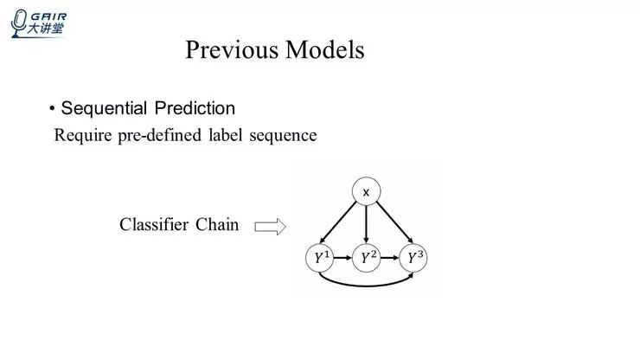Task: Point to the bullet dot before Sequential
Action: coord(52,109)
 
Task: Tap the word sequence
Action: coord(283,136)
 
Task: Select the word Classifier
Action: coord(154,225)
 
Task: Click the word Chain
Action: coord(217,225)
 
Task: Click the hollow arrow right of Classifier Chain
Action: coord(269,227)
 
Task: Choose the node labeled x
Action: coord(366,191)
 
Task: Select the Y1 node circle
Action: coord(319,257)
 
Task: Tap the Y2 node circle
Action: coord(367,257)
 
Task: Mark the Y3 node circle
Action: coord(414,257)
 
